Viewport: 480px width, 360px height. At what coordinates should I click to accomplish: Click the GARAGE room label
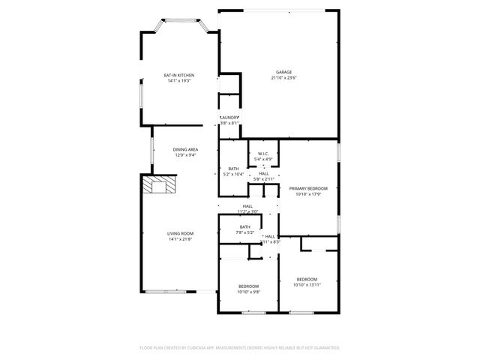coord(283,72)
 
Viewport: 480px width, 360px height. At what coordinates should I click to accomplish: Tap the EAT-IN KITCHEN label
coord(180,76)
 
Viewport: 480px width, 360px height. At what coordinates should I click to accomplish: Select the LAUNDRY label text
coord(229,117)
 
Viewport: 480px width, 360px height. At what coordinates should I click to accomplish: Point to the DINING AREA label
coord(185,150)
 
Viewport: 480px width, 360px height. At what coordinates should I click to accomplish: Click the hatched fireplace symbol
coord(160,185)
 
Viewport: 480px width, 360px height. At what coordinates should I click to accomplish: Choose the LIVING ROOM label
coord(180,234)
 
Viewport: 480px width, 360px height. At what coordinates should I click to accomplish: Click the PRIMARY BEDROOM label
coord(308,189)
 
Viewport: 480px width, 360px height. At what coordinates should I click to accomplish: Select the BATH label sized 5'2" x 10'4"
coord(233,169)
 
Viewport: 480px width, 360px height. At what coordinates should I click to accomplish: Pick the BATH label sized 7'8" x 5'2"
coord(245,227)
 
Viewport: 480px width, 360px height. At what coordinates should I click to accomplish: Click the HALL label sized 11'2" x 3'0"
coord(247,206)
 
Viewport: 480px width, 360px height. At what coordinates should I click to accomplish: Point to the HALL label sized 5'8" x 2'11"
coord(264,173)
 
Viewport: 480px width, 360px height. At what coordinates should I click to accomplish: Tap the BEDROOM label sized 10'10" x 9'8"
coord(249,286)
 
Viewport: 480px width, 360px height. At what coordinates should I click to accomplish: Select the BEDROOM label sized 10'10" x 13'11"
coord(307,280)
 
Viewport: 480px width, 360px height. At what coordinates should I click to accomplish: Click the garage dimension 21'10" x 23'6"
coord(284,78)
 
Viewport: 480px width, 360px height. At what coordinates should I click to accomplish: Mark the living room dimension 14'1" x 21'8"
coord(180,239)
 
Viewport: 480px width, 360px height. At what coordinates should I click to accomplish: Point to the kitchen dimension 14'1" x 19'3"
coord(180,81)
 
